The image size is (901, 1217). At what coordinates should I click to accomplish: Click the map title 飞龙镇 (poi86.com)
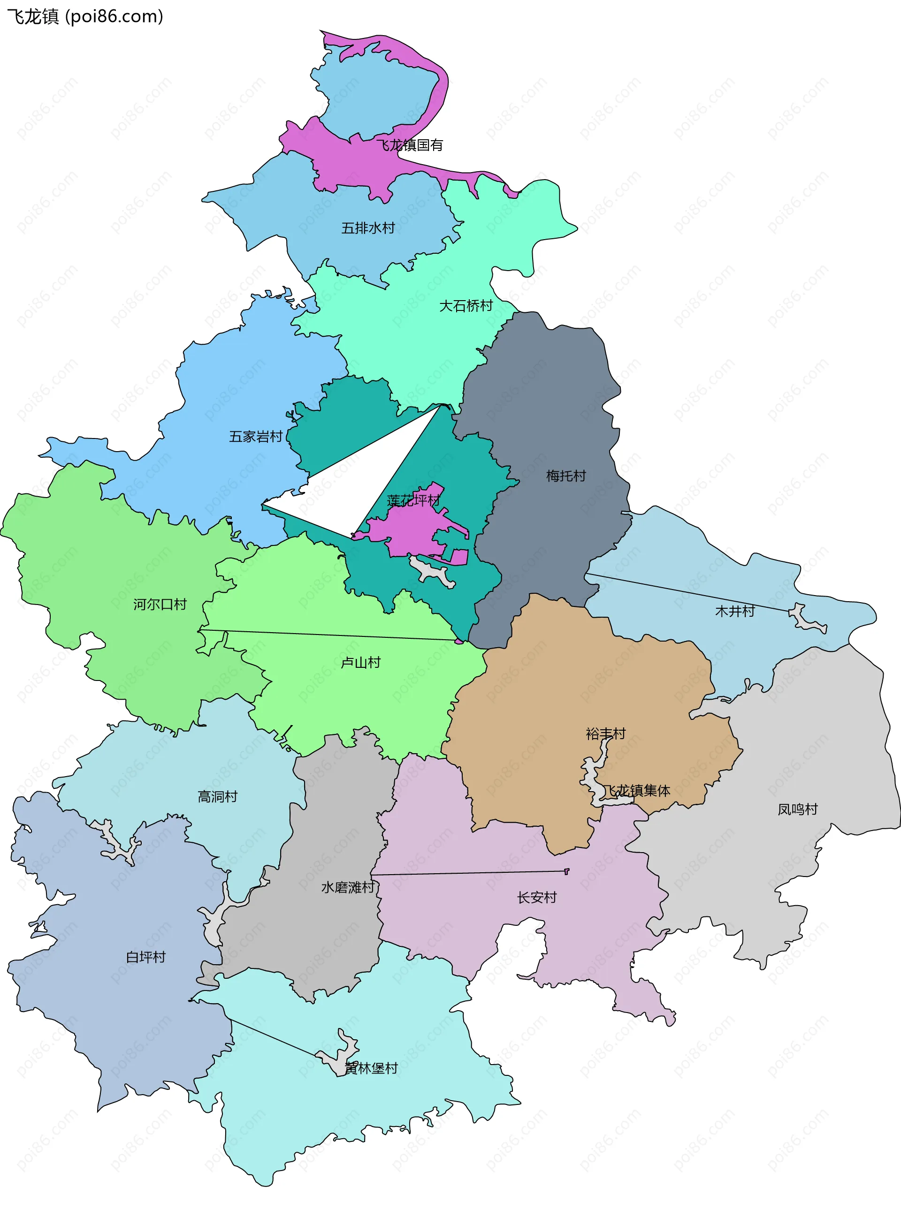coord(85,16)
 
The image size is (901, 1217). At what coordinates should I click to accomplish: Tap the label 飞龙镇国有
coord(410,145)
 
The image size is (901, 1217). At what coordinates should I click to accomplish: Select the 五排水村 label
coord(368,228)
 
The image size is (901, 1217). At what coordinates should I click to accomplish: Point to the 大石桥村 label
coord(466,306)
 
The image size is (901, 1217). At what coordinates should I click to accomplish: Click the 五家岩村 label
coord(256,437)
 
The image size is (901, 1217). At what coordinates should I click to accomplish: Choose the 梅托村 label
coord(566,476)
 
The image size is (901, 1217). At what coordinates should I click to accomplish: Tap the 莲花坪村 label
coord(413,500)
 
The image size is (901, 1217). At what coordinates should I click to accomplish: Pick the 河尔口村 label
coord(160,604)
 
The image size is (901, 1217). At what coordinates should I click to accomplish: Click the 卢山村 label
coord(360,662)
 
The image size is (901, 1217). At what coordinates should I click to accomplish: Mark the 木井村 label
coord(735,611)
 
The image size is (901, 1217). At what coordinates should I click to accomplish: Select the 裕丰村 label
coord(605,733)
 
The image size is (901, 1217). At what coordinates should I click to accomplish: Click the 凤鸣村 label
coord(797,809)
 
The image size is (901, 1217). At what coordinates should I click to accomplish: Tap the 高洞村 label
coord(218,796)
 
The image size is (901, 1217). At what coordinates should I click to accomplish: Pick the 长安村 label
coord(537,897)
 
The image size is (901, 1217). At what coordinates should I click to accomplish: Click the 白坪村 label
coord(145,957)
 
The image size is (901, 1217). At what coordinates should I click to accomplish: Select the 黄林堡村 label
coord(371,1068)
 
